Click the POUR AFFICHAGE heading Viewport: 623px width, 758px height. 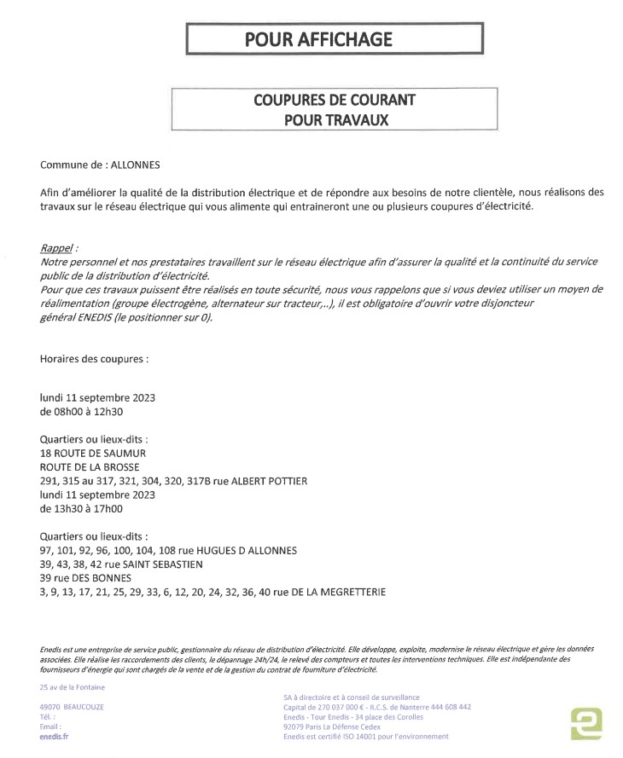pos(318,38)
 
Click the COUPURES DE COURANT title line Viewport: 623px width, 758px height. pos(334,100)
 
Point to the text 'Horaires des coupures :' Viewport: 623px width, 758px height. pos(94,359)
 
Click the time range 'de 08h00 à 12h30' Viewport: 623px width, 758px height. pos(82,411)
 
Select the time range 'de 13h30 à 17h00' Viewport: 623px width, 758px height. pos(82,508)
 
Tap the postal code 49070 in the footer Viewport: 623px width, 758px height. pos(53,707)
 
